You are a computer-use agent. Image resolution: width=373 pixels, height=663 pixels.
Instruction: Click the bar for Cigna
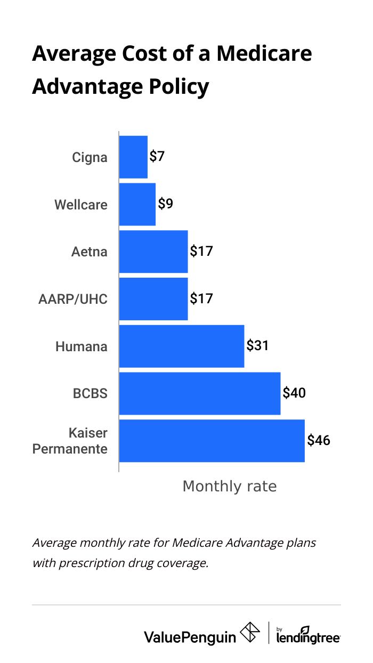point(133,157)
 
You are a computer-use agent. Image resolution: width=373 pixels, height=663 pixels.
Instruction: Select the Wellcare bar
point(137,205)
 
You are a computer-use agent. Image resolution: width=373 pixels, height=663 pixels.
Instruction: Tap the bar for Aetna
point(153,252)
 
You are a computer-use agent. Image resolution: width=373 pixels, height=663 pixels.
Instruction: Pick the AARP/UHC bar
point(153,299)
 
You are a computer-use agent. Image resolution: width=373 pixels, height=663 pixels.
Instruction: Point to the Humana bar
point(182,346)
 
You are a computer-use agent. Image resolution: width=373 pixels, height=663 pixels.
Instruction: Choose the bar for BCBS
point(200,393)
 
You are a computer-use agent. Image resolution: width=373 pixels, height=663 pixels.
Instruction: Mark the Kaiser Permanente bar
point(212,441)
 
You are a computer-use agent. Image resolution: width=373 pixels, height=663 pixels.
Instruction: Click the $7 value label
point(157,157)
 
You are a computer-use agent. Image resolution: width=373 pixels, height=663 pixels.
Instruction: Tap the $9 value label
point(165,204)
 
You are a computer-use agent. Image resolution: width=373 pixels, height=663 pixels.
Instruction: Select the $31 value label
point(257,346)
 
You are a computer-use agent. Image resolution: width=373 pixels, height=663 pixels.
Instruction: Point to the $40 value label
point(294,393)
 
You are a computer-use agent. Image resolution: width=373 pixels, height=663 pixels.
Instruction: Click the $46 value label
point(319,441)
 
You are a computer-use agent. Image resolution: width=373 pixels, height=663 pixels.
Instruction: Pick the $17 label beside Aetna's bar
point(201,251)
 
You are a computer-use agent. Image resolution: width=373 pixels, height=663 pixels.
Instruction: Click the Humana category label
point(82,347)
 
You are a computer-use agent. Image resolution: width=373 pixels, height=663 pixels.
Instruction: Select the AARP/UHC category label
point(73,300)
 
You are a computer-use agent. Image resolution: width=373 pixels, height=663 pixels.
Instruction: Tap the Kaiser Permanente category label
point(70,441)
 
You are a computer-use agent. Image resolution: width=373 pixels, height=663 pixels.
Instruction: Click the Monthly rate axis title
point(230,487)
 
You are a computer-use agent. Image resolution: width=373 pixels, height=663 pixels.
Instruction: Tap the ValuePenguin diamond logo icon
point(250,633)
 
